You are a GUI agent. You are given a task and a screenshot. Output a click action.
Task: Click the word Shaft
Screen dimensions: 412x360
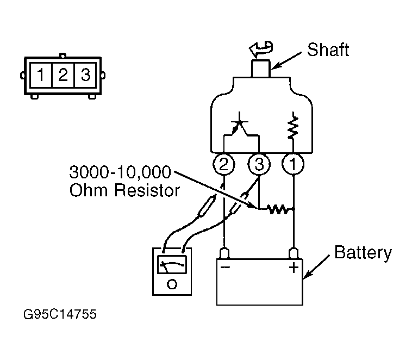point(328,49)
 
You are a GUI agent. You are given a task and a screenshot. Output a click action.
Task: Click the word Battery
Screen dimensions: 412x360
point(363,253)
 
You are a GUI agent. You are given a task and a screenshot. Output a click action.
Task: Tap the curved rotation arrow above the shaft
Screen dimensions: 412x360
point(261,49)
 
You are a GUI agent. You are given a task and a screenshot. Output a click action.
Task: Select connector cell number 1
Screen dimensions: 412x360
point(41,75)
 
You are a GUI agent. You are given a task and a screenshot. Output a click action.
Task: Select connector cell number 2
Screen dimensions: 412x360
point(64,75)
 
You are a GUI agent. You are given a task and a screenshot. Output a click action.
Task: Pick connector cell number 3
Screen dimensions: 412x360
point(85,75)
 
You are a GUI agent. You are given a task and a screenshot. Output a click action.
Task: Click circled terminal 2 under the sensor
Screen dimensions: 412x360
point(223,164)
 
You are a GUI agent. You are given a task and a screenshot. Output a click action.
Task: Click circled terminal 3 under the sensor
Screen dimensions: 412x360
point(259,164)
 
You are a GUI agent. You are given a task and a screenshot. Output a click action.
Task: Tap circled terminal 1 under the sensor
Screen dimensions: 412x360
point(293,164)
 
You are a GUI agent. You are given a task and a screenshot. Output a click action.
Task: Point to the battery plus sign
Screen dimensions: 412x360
point(294,268)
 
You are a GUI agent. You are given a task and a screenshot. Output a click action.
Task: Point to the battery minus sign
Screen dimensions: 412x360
point(226,268)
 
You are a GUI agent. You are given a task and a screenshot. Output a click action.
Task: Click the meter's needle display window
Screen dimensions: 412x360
point(172,264)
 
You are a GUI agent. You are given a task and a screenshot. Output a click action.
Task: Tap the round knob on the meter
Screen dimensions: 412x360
point(172,284)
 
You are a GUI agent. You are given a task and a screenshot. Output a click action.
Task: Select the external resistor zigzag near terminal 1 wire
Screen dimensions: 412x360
point(279,209)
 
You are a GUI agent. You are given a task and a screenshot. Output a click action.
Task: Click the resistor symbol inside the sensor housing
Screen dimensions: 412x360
point(293,128)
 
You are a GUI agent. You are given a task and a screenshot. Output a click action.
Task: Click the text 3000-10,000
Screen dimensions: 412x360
point(120,172)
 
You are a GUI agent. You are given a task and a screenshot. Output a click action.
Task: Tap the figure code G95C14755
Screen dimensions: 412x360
point(60,314)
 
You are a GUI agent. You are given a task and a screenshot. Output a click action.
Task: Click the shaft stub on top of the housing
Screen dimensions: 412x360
point(261,69)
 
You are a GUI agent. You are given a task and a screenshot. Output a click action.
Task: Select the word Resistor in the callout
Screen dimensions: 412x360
point(147,190)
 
